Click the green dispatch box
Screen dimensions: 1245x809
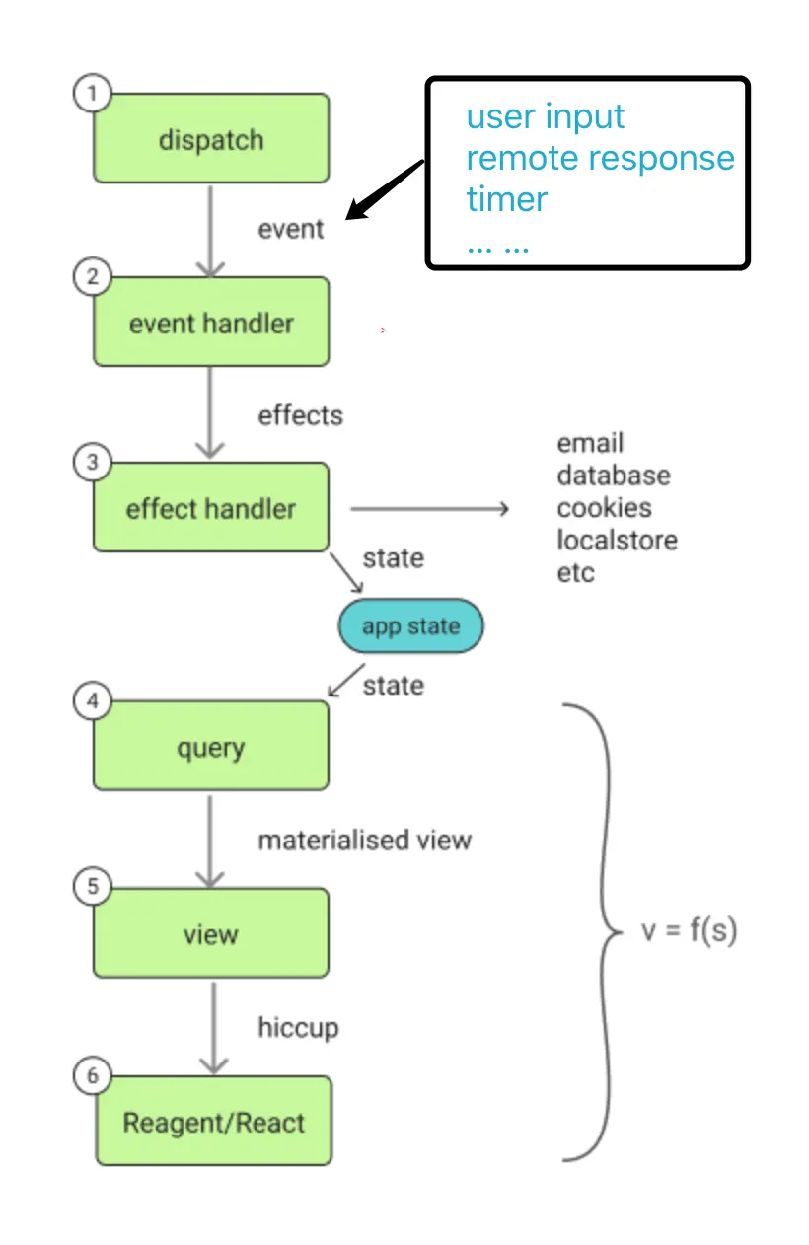(211, 139)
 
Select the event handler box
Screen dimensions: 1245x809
(211, 323)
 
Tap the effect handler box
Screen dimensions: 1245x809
(211, 508)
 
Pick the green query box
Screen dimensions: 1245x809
(211, 747)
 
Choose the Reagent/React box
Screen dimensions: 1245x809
(213, 1122)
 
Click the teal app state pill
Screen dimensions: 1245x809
(410, 626)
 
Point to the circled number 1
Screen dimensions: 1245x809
(93, 94)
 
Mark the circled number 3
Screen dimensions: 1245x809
(93, 463)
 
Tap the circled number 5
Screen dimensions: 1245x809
(93, 887)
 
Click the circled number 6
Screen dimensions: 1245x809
(93, 1074)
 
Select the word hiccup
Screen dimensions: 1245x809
(298, 1028)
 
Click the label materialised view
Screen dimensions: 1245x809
(364, 841)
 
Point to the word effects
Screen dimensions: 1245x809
(300, 415)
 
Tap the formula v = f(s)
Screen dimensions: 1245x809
(690, 930)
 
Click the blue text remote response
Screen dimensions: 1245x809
(600, 158)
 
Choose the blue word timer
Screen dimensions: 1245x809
(506, 199)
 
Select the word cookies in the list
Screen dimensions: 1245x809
(604, 508)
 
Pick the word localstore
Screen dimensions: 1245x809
(617, 541)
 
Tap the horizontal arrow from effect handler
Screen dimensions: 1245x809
(429, 509)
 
